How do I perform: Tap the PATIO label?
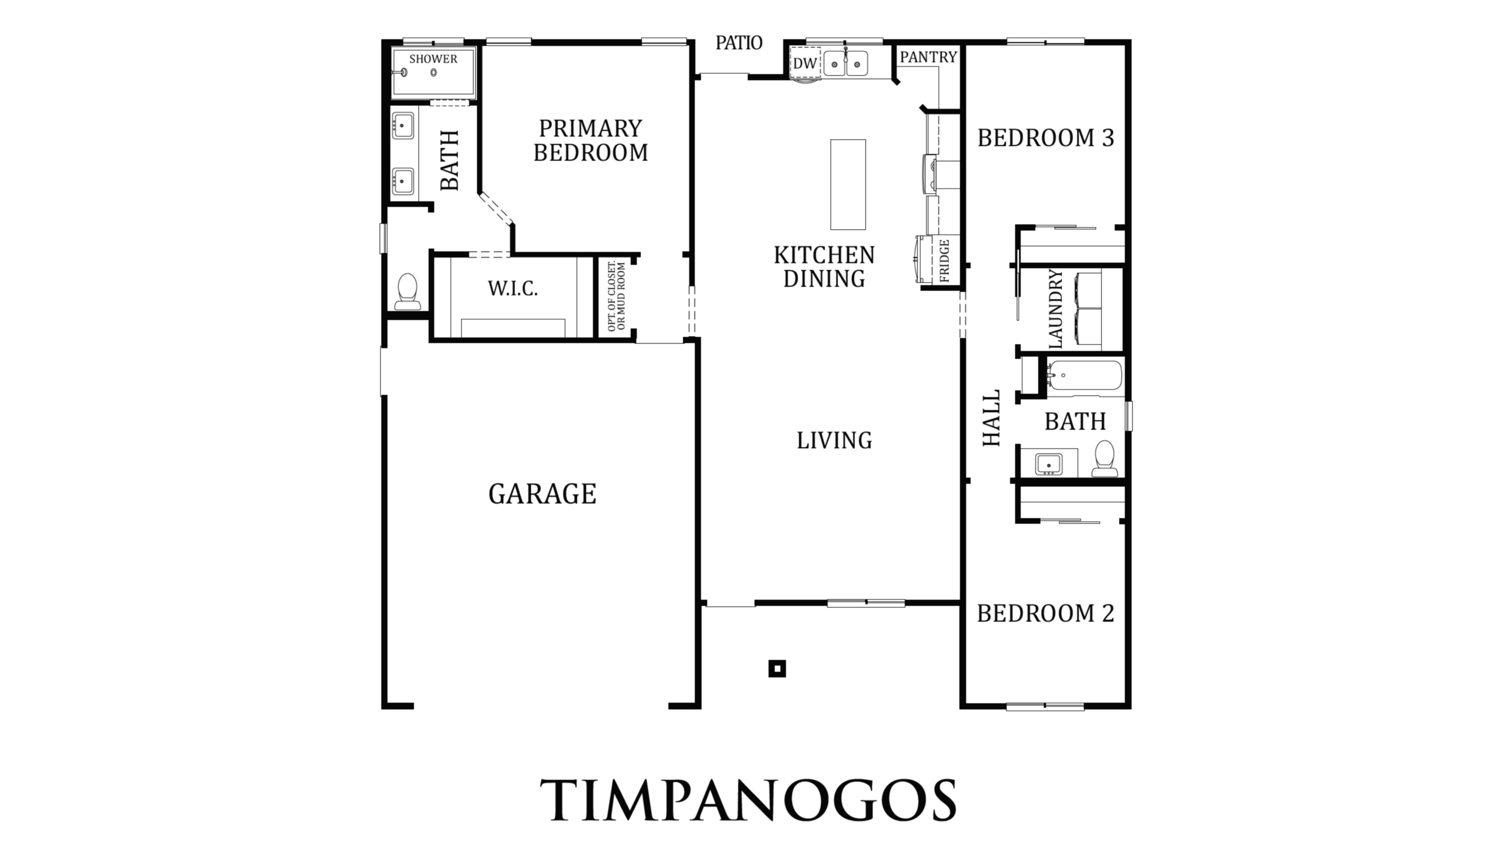click(x=739, y=42)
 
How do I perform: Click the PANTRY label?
click(x=928, y=57)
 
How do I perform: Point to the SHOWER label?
click(x=433, y=59)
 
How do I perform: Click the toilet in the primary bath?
click(x=407, y=292)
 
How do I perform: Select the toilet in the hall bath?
click(x=1105, y=459)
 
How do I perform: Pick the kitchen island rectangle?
click(x=848, y=185)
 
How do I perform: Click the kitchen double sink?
click(x=845, y=64)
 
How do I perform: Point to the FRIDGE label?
click(x=945, y=261)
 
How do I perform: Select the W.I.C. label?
click(x=512, y=289)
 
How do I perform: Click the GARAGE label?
click(x=542, y=494)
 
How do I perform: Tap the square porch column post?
click(x=777, y=669)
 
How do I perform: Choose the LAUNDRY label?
click(x=1056, y=308)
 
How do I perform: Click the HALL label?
click(x=992, y=418)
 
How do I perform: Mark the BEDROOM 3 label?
click(x=1046, y=138)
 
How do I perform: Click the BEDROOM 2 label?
click(x=1046, y=613)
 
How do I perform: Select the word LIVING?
click(x=834, y=441)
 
